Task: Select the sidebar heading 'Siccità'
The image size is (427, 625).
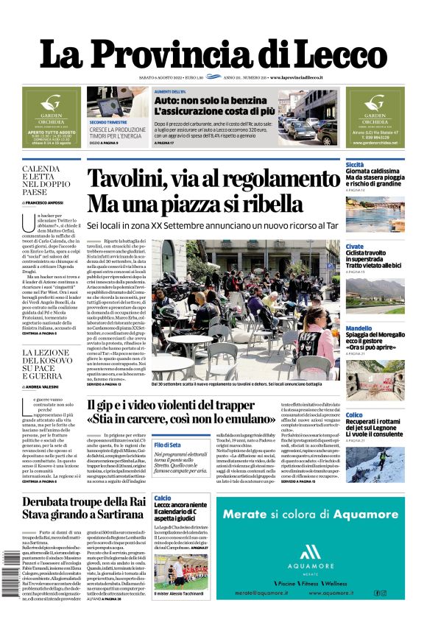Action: pos(355,165)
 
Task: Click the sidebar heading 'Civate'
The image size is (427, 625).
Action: pos(354,247)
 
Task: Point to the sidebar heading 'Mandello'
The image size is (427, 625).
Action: pos(359,328)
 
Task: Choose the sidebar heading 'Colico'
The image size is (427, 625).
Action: pos(354,415)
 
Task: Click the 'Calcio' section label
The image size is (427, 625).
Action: pos(163,498)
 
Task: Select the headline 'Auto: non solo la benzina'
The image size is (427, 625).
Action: pos(200,100)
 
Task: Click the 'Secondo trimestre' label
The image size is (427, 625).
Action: pos(107,122)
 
